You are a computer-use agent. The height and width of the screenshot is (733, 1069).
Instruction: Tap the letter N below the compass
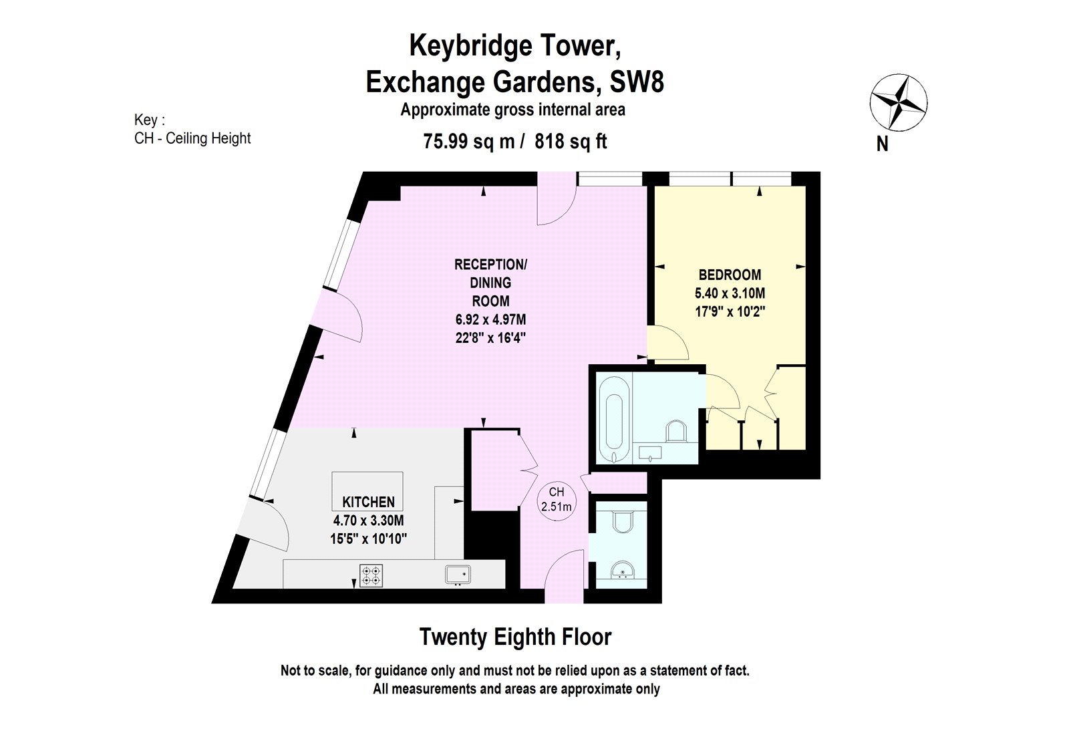coord(882,144)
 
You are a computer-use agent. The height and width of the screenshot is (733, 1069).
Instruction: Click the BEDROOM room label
coord(730,275)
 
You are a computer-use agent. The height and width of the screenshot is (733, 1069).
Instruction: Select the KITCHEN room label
coord(368,502)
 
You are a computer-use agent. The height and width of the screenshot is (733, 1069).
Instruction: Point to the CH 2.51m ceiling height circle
coord(556,499)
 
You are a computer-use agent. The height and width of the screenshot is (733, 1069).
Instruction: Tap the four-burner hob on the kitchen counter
coord(371,575)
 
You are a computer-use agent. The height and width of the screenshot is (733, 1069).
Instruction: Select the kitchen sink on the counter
coord(458,575)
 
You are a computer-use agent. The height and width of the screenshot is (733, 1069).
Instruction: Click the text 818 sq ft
coord(571,142)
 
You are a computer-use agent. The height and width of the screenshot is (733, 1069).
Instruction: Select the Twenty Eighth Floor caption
coord(515,637)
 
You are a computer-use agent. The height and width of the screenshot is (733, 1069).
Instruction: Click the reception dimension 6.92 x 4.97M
coord(490,320)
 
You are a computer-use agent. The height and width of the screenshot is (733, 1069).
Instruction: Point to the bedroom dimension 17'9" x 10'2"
coord(730,311)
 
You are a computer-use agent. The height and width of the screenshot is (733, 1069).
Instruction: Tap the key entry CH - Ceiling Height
coord(192,138)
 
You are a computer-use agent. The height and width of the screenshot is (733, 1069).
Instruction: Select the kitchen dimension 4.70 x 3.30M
coord(368,521)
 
